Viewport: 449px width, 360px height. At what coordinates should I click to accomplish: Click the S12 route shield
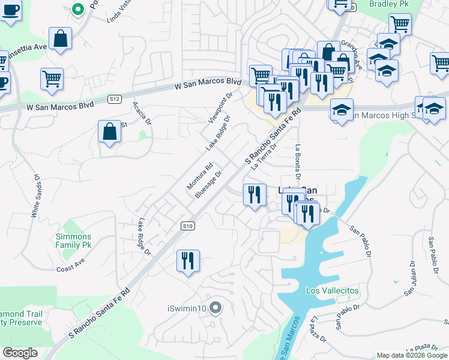pos(115,98)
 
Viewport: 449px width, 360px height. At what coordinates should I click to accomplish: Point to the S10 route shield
pos(188,226)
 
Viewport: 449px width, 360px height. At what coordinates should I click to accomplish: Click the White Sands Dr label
pos(35,196)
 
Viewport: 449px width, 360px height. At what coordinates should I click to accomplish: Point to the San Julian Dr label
pos(411,279)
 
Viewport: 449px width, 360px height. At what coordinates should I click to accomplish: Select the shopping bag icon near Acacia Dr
pos(109,132)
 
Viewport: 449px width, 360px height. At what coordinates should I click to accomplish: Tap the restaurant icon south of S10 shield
pos(188,261)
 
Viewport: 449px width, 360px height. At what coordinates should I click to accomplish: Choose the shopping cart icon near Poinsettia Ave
pos(52,78)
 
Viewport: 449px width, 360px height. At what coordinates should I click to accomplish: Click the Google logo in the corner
pos(20,353)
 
